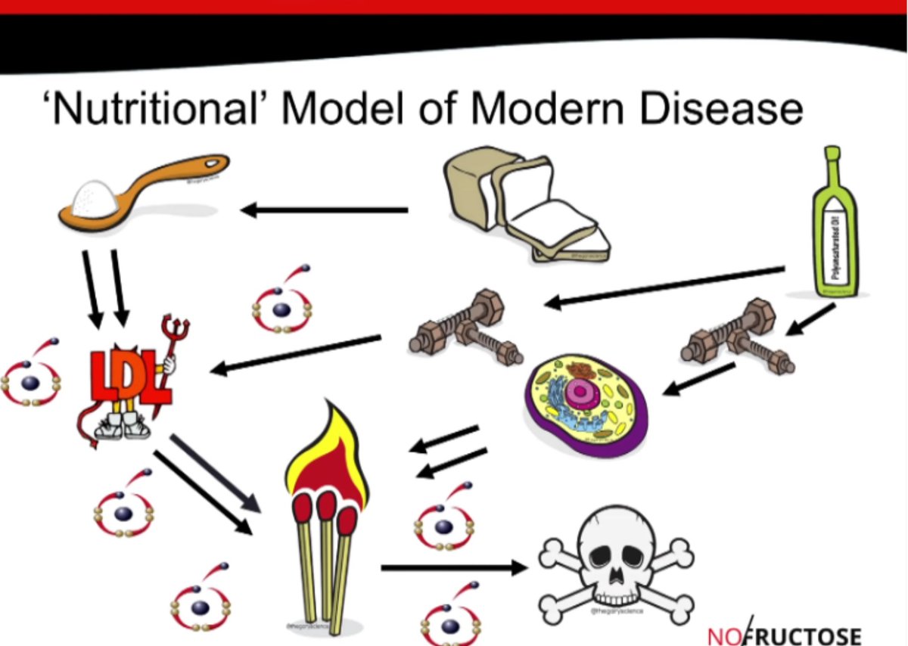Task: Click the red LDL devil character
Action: (x=129, y=378)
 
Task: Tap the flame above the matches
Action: (x=325, y=454)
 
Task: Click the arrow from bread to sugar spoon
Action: (x=325, y=210)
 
